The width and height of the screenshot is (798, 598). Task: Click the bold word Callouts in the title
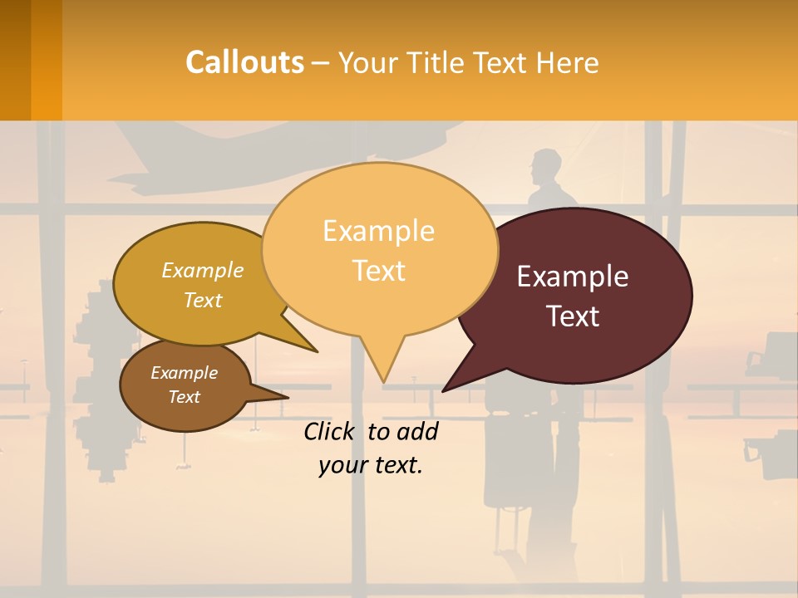click(244, 62)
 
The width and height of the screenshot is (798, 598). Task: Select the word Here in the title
click(568, 63)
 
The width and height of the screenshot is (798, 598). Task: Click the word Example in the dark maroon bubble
click(572, 277)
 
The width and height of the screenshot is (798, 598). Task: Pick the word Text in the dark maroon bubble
click(573, 316)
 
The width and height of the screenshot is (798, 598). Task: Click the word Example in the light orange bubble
click(378, 231)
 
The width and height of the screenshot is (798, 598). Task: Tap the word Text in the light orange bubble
click(378, 271)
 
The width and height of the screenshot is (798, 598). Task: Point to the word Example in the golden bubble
click(203, 270)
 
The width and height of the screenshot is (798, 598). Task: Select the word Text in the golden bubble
click(203, 300)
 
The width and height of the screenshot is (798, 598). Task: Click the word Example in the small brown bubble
click(184, 373)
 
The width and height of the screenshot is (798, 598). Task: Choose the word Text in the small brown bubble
click(184, 397)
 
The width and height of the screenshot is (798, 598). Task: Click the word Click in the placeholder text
click(332, 431)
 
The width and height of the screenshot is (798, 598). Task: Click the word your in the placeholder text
click(340, 465)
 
